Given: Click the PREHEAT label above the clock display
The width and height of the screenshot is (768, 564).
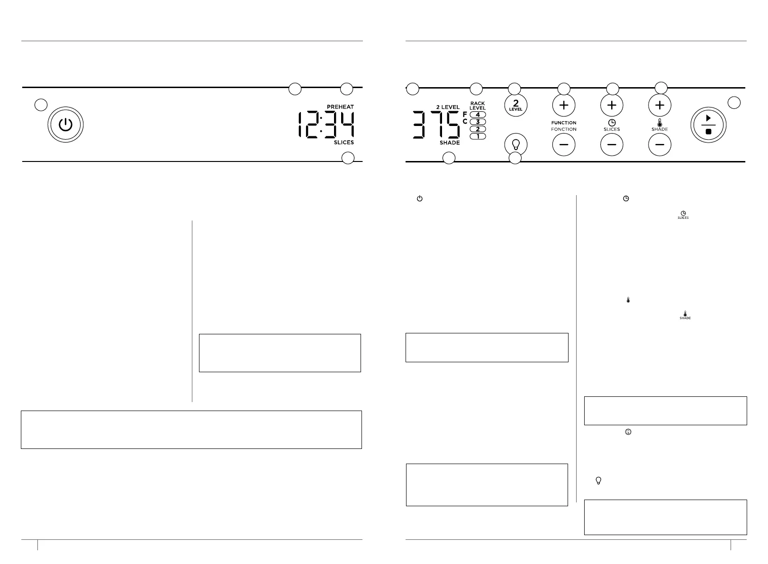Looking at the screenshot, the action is [x=340, y=107].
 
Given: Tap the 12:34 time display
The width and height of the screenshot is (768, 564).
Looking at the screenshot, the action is [x=326, y=125].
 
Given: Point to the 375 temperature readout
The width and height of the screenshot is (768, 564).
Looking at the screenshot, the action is [x=435, y=125].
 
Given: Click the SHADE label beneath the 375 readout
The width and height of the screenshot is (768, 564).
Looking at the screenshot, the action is [x=449, y=143].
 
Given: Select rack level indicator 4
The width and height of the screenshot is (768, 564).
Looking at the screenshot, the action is [x=478, y=115].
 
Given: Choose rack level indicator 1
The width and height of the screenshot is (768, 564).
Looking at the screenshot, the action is [x=478, y=136].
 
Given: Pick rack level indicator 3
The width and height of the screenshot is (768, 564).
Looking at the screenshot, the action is [x=478, y=122].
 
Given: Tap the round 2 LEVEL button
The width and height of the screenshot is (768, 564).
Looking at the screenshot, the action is [x=515, y=105].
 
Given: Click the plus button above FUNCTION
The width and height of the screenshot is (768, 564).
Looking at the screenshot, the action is [x=564, y=105].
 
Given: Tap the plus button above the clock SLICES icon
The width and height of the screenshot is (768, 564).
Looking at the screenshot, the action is [x=612, y=105].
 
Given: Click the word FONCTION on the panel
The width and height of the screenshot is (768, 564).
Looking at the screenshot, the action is [x=564, y=129].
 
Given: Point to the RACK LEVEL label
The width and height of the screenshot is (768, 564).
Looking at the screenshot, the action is [x=478, y=106].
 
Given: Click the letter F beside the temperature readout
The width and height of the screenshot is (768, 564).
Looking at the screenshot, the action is [x=465, y=114].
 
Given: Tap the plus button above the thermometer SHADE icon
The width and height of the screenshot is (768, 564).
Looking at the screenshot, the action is [x=660, y=105].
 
